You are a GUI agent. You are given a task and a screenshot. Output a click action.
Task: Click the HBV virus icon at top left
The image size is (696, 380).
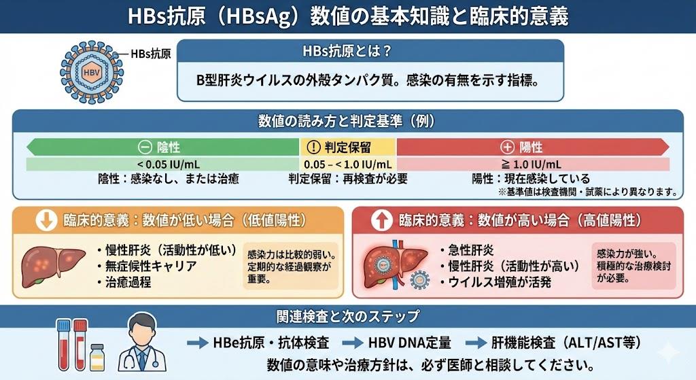[x=89, y=71]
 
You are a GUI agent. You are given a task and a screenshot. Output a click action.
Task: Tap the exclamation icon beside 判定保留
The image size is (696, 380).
[x=313, y=148]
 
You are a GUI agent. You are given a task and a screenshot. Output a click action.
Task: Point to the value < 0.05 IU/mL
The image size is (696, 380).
[x=163, y=164]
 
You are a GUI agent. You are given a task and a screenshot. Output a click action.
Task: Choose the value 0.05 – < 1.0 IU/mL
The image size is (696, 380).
[x=348, y=164]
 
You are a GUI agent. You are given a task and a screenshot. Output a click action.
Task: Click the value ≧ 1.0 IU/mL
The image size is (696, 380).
[x=533, y=164]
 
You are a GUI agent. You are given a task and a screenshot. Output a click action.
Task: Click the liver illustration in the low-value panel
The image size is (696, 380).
[x=48, y=264]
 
